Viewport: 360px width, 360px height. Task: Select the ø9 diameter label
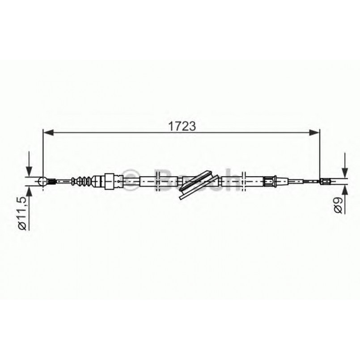pos(338,205)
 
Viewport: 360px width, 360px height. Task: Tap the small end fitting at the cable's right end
pos(326,181)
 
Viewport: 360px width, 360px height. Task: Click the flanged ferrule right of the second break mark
pos(269,181)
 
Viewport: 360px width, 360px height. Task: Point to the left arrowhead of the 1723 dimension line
pos(47,132)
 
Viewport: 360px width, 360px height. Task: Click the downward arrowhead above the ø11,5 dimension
pos(29,172)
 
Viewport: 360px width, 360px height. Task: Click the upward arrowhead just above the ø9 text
pos(344,189)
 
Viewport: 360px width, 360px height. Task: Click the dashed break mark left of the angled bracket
pos(157,181)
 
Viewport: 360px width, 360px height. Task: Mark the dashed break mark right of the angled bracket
pos(243,181)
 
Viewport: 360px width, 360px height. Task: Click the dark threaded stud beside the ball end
pos(51,181)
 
